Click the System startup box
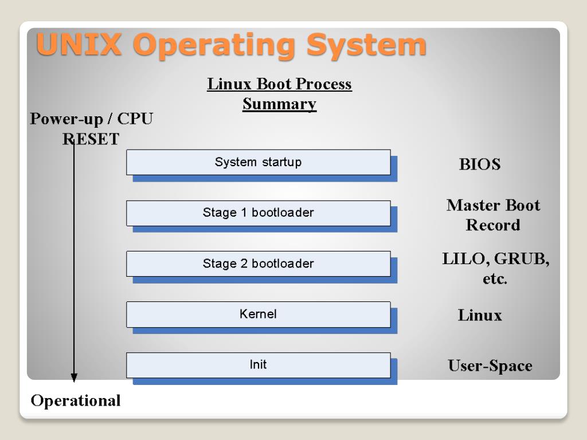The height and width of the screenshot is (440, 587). click(x=258, y=162)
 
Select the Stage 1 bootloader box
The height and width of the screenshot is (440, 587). click(x=258, y=213)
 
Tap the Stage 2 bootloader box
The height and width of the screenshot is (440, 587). click(x=258, y=264)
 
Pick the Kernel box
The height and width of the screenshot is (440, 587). click(x=258, y=314)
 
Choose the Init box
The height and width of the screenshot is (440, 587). click(x=258, y=365)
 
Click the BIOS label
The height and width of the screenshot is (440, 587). click(x=480, y=165)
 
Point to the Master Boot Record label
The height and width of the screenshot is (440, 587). click(x=493, y=215)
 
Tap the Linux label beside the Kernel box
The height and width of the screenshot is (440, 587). click(x=480, y=315)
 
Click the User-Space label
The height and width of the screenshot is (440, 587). click(x=490, y=366)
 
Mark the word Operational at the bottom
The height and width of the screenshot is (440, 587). click(x=76, y=400)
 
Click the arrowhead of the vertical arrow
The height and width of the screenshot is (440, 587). click(x=74, y=378)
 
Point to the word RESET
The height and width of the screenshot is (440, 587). click(x=91, y=139)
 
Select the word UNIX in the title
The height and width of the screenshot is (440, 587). click(x=79, y=45)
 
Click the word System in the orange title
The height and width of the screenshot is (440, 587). click(x=366, y=45)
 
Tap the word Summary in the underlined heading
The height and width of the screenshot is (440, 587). click(x=279, y=104)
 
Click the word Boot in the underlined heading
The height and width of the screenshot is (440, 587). click(x=272, y=84)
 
